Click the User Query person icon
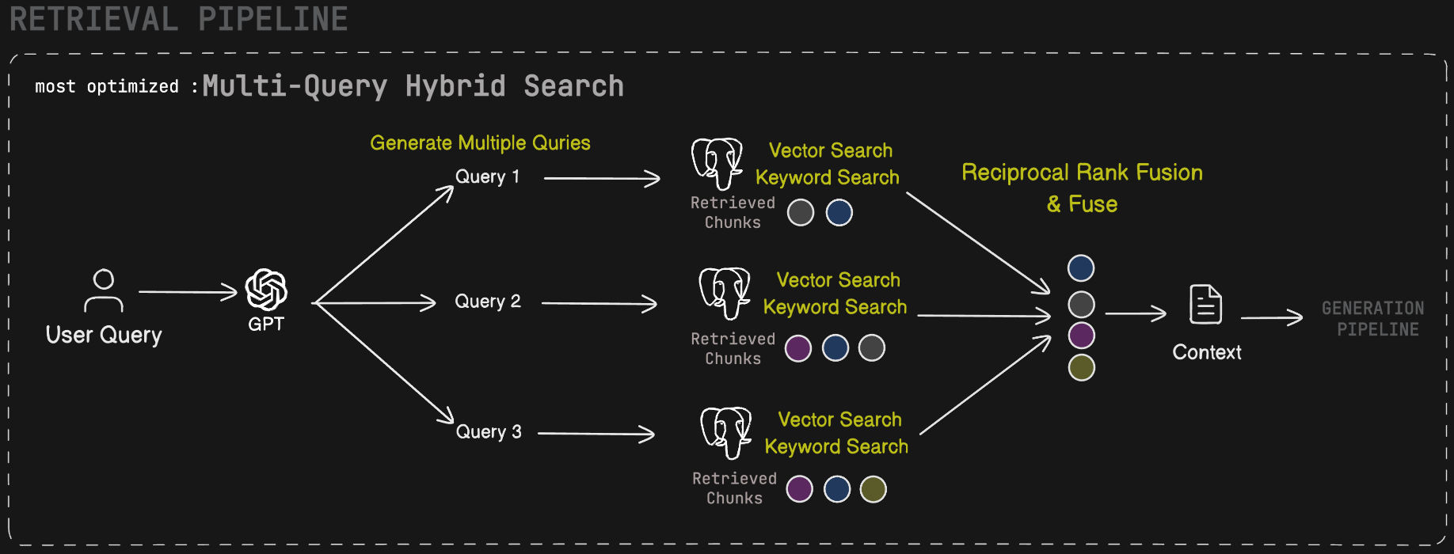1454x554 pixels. [104, 290]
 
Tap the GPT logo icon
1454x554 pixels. [266, 290]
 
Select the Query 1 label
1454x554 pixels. [487, 176]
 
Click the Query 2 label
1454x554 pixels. [487, 302]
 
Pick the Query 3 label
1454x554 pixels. [488, 432]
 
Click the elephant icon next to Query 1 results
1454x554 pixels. [717, 164]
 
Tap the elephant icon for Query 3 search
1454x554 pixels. [725, 432]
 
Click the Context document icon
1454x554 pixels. [1205, 305]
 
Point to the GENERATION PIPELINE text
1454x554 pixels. [1373, 318]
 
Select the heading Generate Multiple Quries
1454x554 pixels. [480, 143]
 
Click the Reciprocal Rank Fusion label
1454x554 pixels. [1082, 173]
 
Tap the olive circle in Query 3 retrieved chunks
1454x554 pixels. [873, 489]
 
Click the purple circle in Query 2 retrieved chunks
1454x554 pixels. [797, 348]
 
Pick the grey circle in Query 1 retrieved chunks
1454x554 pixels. [801, 212]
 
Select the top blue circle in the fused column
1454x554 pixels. [1081, 268]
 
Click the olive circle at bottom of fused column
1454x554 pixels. [1081, 367]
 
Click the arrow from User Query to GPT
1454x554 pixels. [188, 292]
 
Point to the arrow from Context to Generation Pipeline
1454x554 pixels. [1271, 317]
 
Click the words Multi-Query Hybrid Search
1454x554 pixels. [413, 86]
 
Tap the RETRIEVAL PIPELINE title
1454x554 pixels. [179, 19]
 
